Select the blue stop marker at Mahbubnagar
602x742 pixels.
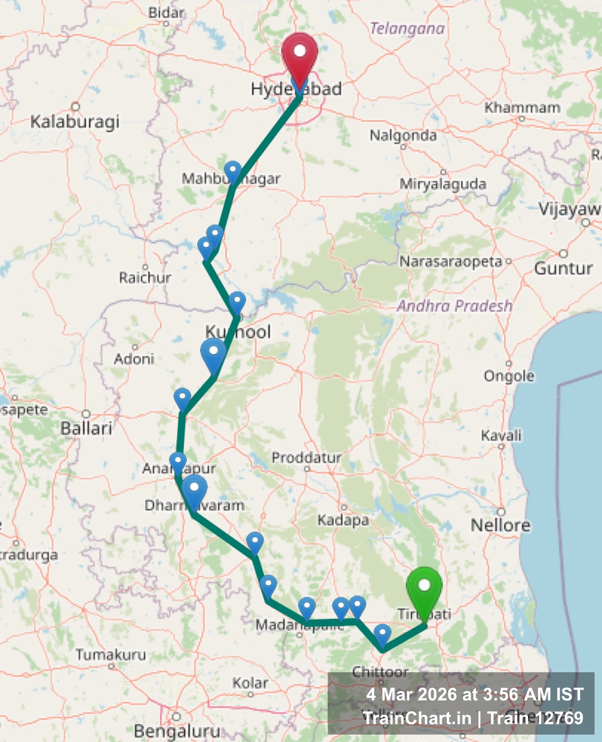tap(232, 171)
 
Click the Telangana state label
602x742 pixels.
tap(407, 29)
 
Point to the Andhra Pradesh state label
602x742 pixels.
tap(454, 306)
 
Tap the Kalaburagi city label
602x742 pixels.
tap(75, 122)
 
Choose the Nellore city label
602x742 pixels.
tap(500, 525)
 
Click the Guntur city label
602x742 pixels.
tap(563, 269)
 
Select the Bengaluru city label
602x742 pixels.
tap(177, 731)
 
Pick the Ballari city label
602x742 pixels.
tap(86, 428)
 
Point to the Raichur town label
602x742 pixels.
tap(145, 278)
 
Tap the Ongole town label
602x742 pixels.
tap(509, 376)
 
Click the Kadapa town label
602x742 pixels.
tap(343, 520)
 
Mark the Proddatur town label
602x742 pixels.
tap(306, 458)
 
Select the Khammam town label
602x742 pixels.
tap(522, 107)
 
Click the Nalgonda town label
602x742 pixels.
tap(403, 135)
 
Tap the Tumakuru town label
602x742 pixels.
tap(111, 655)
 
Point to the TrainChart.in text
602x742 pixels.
tap(417, 718)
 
